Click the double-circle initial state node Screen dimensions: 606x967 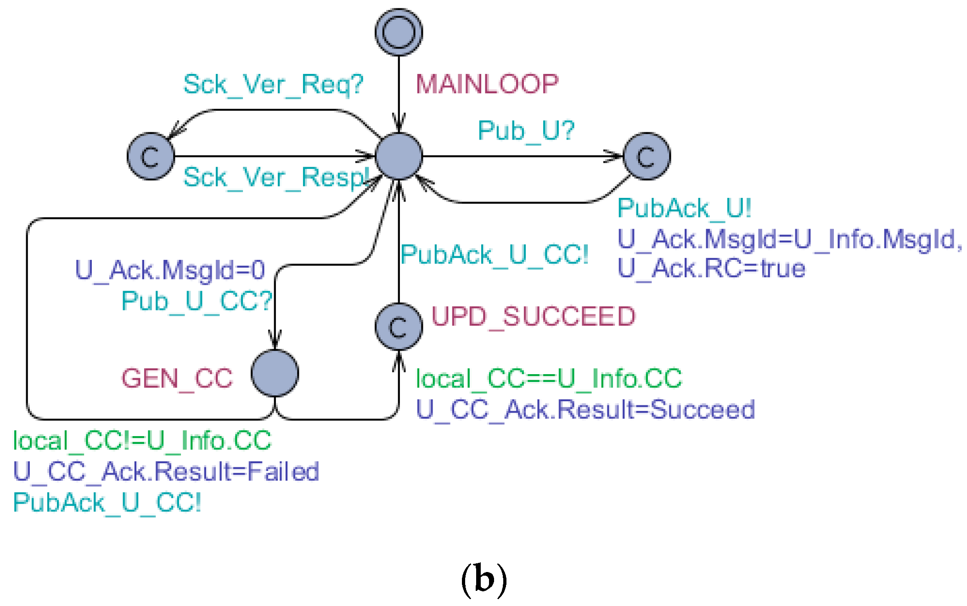[x=399, y=32]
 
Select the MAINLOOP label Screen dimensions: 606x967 [x=487, y=84]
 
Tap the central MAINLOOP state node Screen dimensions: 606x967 [x=399, y=156]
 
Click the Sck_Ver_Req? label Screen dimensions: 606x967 [x=273, y=84]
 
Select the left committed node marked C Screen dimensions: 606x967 [x=151, y=156]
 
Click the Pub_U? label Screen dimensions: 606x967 [x=526, y=130]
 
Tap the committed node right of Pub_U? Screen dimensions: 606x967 [x=647, y=156]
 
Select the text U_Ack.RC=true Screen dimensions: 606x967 [x=711, y=269]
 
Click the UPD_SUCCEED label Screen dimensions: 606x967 [x=533, y=316]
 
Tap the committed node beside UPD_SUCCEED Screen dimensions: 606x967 [x=399, y=326]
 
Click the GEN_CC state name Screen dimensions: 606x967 [x=177, y=379]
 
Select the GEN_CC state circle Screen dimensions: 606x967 [x=275, y=373]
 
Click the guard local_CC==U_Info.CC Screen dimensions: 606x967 [x=549, y=379]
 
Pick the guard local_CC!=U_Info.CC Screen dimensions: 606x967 [x=142, y=441]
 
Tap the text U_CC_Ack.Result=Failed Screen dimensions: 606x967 [x=166, y=471]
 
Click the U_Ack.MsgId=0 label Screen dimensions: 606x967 [x=170, y=269]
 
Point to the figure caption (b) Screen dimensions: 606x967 [x=483, y=579]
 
